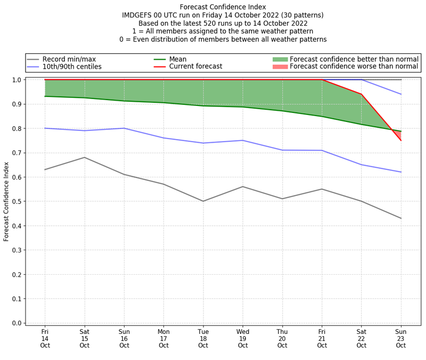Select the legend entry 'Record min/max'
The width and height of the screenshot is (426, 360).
(69, 59)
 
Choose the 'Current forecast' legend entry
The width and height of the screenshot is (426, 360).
(195, 67)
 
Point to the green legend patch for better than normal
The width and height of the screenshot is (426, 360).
(280, 59)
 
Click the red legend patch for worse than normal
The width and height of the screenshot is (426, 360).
(280, 67)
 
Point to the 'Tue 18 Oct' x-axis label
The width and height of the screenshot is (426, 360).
(203, 338)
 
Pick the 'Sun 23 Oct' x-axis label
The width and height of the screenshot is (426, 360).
(401, 338)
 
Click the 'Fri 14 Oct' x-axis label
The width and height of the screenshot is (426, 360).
(45, 338)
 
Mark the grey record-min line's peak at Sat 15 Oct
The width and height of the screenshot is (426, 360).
(84, 158)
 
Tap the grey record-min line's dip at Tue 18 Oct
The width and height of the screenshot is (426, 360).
(203, 201)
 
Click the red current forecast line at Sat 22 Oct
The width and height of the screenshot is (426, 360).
(362, 94)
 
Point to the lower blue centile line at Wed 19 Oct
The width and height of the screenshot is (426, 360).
(243, 141)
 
